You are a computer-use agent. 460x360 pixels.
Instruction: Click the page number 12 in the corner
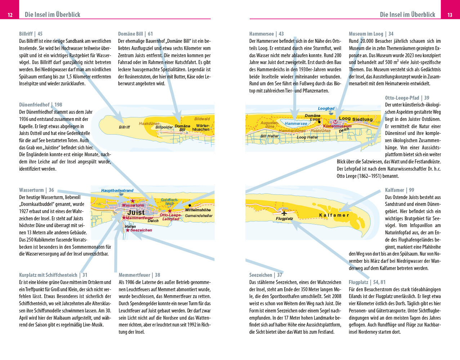tap(10, 15)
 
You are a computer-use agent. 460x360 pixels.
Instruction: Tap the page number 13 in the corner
tap(450, 15)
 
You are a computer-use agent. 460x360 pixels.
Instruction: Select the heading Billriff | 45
tap(31, 34)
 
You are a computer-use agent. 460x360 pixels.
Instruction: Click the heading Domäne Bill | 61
tap(135, 34)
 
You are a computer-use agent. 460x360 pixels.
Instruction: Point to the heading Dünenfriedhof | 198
tap(41, 105)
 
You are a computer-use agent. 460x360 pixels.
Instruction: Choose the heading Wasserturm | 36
tap(36, 190)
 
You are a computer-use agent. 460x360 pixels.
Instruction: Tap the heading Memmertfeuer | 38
tap(139, 275)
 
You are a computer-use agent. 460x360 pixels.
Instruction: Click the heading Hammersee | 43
tap(267, 34)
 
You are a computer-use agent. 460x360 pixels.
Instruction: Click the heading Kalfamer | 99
tap(399, 190)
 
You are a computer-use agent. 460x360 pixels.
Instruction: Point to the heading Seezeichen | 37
tap(266, 275)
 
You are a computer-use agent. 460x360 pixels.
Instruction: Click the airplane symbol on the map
tap(284, 212)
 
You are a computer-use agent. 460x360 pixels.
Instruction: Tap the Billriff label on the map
tap(124, 127)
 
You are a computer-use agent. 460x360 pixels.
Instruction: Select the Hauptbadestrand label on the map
tap(117, 190)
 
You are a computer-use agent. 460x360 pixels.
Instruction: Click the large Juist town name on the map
tap(136, 213)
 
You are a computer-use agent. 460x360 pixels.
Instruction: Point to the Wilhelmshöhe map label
tap(198, 210)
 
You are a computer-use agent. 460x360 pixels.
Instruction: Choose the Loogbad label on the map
tap(326, 108)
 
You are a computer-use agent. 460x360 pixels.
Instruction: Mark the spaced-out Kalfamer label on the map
tap(334, 215)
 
